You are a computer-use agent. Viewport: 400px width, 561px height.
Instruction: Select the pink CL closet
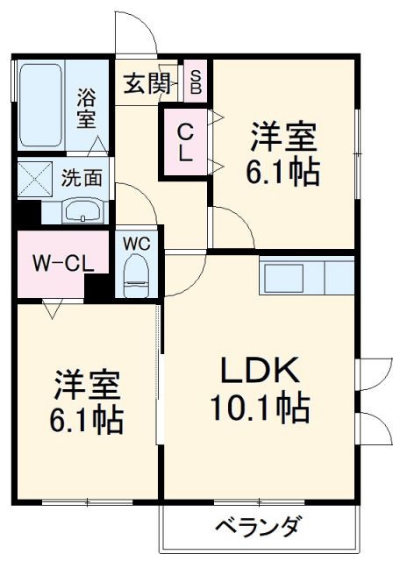pyautogui.click(x=186, y=141)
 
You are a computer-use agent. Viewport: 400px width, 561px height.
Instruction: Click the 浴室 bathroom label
pyautogui.click(x=86, y=107)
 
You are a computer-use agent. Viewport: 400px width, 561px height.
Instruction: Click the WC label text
pyautogui.click(x=136, y=242)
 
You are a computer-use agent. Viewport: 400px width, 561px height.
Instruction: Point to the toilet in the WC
pyautogui.click(x=136, y=274)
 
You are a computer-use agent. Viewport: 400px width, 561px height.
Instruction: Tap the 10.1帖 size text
pyautogui.click(x=260, y=407)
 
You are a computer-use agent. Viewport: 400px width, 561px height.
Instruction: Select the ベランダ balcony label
pyautogui.click(x=258, y=528)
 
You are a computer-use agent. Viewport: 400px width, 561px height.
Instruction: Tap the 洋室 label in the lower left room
pyautogui.click(x=87, y=387)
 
